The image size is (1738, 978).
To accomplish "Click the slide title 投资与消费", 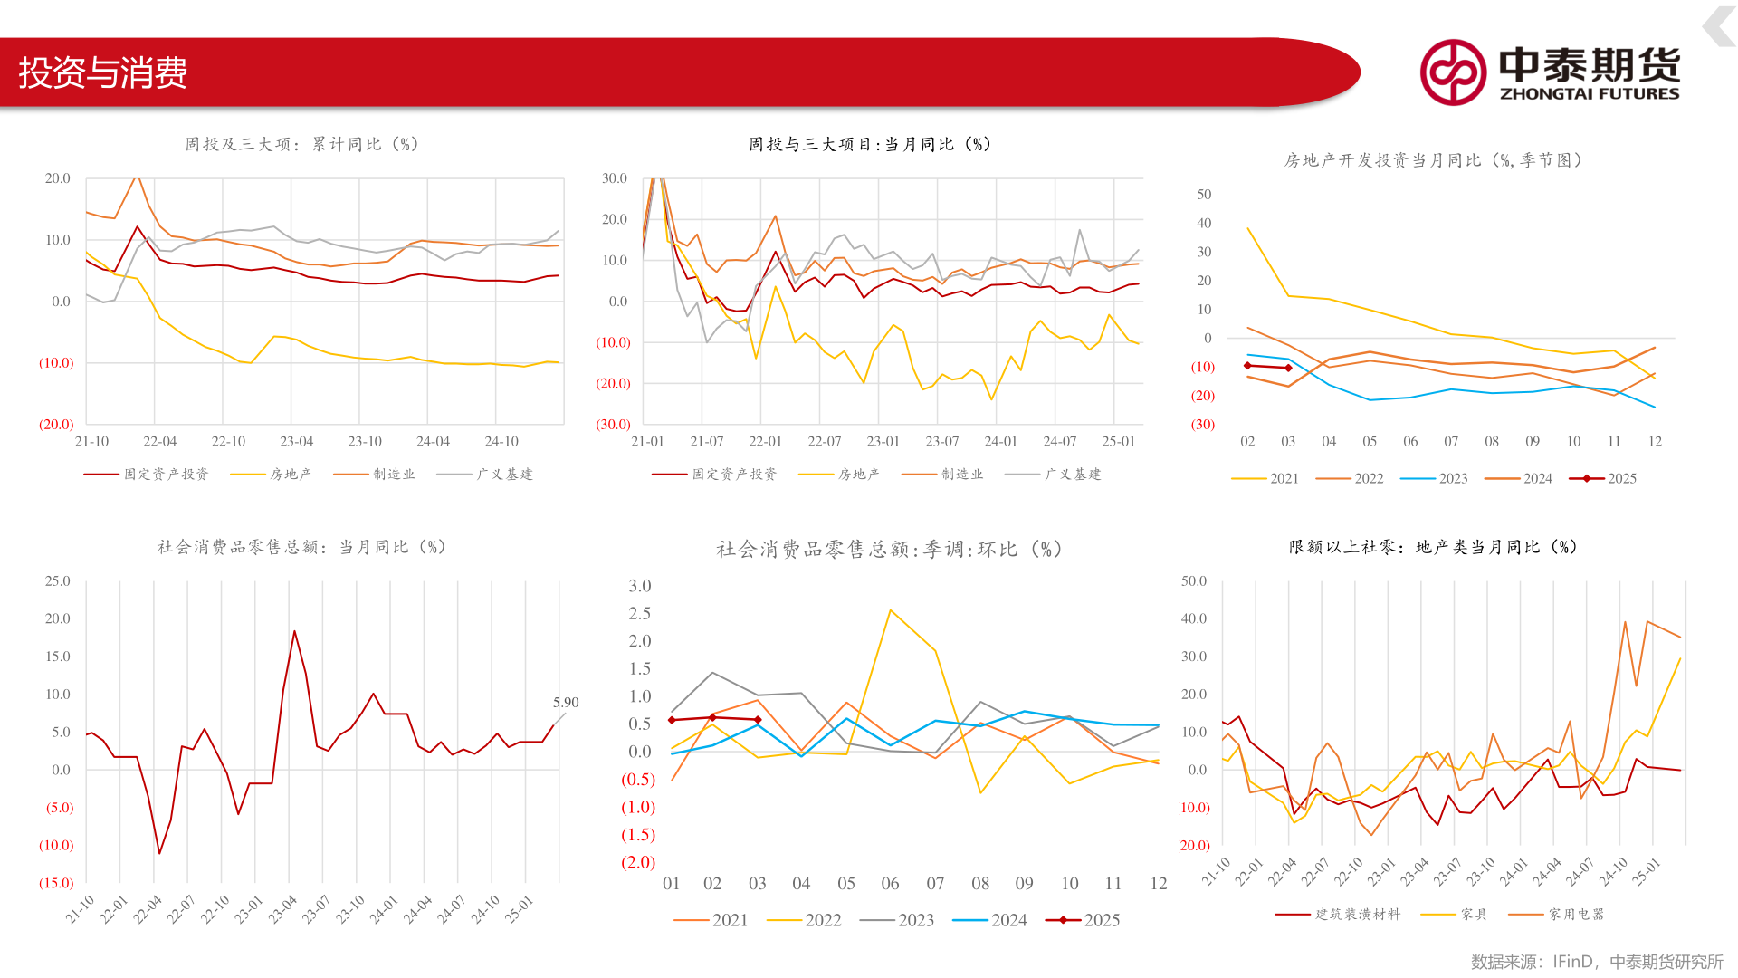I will [x=102, y=72].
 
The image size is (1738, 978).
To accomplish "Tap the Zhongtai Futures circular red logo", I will [x=1453, y=72].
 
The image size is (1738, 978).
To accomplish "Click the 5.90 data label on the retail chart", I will [x=566, y=703].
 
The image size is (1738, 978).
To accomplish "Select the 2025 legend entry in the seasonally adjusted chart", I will [x=1083, y=920].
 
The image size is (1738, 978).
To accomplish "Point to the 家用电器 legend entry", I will [x=1557, y=915].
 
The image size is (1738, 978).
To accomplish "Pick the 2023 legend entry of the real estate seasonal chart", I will [x=1434, y=478].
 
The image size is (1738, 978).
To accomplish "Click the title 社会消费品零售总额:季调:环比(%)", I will [x=889, y=550].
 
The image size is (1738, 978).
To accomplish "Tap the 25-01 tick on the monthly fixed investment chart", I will [x=1118, y=442].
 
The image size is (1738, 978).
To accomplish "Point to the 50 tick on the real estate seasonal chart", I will [x=1204, y=195].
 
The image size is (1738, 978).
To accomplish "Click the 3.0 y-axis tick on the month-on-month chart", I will [x=640, y=586].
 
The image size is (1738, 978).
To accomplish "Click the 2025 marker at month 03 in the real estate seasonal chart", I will [x=1288, y=368].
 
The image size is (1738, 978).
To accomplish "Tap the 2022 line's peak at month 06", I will [x=891, y=610].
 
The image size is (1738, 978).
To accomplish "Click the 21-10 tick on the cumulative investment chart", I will [x=91, y=442].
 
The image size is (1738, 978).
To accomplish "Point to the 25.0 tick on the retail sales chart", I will [x=58, y=581].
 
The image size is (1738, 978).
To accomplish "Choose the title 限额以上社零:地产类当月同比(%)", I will [x=1432, y=547].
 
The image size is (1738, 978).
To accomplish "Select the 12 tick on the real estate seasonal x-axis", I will [x=1655, y=442].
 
